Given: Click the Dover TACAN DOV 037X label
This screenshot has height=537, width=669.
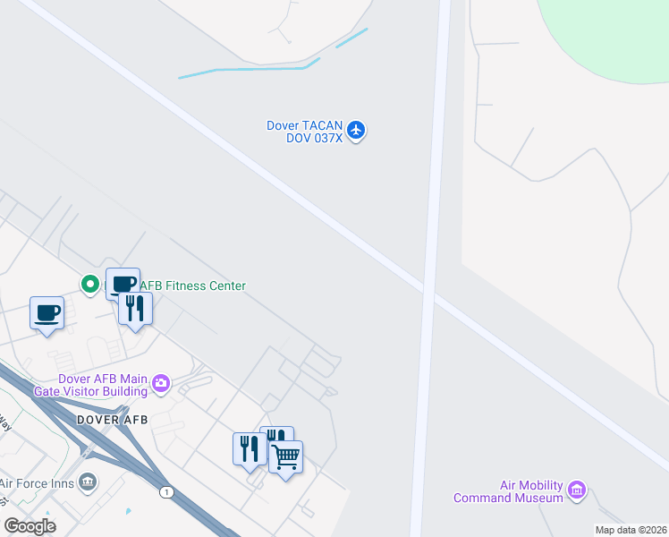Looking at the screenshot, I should click(x=304, y=132).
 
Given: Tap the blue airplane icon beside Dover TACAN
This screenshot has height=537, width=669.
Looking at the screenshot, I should click(x=357, y=131).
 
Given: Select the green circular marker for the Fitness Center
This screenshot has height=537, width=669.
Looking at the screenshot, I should click(x=89, y=285).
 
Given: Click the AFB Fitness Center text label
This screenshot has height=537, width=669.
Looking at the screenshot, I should click(x=192, y=286).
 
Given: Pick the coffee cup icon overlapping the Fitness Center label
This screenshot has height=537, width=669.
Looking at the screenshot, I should click(x=123, y=284).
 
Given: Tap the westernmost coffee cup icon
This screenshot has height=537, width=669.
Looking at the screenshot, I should click(x=47, y=313).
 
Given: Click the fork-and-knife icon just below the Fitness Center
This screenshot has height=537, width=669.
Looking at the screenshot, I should click(x=135, y=309).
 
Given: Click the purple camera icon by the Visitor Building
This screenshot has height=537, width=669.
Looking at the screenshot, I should click(x=161, y=384).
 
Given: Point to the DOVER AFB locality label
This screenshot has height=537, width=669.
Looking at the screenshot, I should click(x=112, y=419).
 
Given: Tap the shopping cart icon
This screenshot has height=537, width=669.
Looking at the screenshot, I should click(x=285, y=457).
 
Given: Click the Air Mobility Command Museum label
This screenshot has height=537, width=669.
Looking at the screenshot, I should click(x=508, y=491).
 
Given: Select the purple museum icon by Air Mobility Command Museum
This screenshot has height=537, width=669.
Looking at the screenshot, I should click(x=577, y=490).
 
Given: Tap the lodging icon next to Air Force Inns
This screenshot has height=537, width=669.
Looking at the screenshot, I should click(x=88, y=482).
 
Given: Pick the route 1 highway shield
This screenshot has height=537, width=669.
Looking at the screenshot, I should click(x=165, y=492).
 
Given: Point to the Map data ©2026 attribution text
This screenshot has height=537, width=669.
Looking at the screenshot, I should click(x=631, y=530).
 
